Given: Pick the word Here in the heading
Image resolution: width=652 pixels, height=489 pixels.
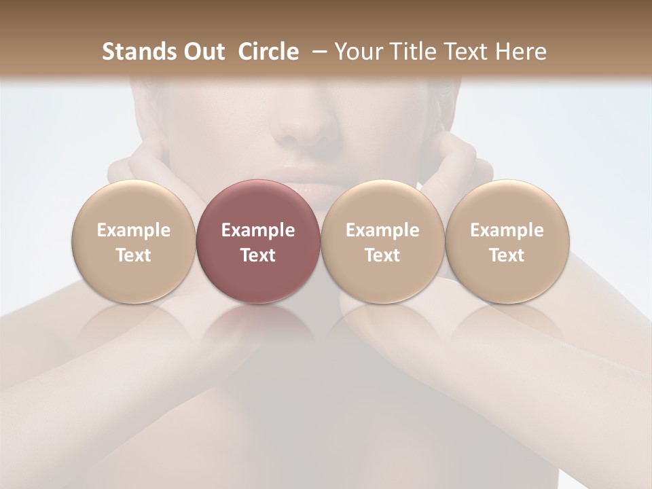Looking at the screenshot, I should click(x=522, y=52).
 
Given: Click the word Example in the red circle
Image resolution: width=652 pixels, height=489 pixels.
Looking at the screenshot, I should click(x=258, y=230).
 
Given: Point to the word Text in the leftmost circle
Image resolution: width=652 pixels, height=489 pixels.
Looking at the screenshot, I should click(x=134, y=255).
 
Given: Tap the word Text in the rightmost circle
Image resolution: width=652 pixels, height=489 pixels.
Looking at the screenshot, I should click(x=507, y=255).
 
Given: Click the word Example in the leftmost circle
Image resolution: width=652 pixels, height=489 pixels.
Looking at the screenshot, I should click(x=134, y=230).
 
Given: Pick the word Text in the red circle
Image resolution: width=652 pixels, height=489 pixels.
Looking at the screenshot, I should click(x=258, y=255).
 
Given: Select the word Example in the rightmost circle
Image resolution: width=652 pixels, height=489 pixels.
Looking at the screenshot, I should click(x=507, y=230).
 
